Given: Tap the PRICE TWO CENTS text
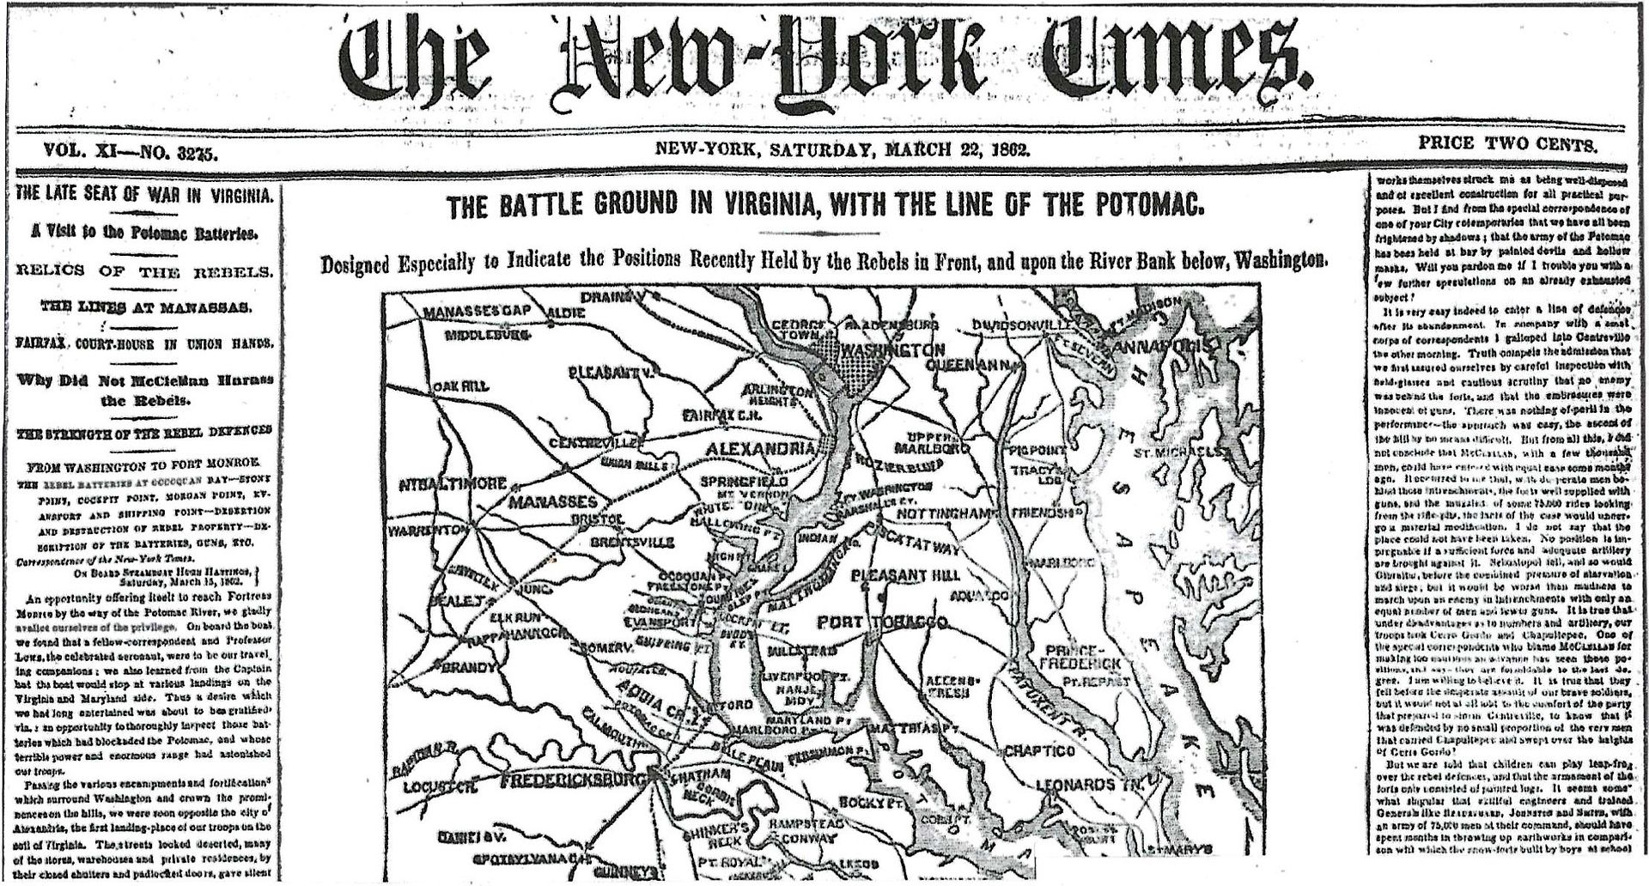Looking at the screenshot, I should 1507,144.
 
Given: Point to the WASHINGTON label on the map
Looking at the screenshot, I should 892,350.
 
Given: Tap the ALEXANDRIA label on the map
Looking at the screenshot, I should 760,449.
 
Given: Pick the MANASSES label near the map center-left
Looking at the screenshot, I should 552,501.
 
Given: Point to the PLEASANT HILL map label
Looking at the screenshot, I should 906,574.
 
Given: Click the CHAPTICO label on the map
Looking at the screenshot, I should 1039,751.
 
